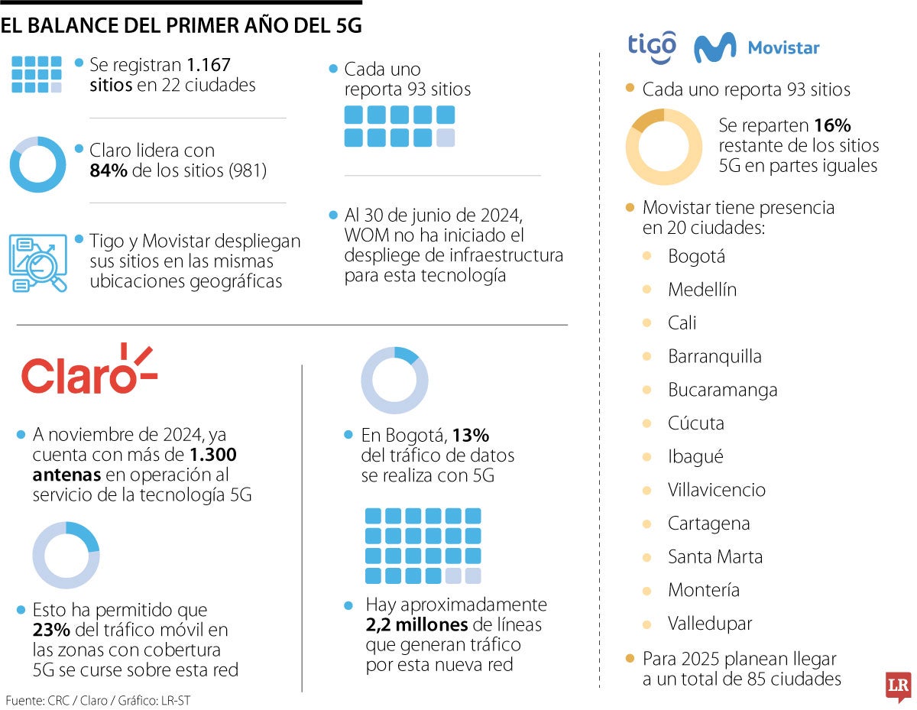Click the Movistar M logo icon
tap(714, 47)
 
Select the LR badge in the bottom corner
tap(898, 686)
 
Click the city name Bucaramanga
tap(722, 390)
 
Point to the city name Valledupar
tap(710, 624)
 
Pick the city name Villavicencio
tap(716, 490)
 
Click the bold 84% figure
tap(108, 171)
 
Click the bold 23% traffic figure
tap(51, 631)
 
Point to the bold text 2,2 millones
tap(416, 625)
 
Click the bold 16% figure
tap(832, 125)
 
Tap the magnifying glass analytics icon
tap(37, 263)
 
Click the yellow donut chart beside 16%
tap(663, 147)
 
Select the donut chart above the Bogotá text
tap(394, 380)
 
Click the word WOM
tap(365, 234)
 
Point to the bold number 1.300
tap(212, 456)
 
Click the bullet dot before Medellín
tap(647, 290)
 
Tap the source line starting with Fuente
tap(98, 700)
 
